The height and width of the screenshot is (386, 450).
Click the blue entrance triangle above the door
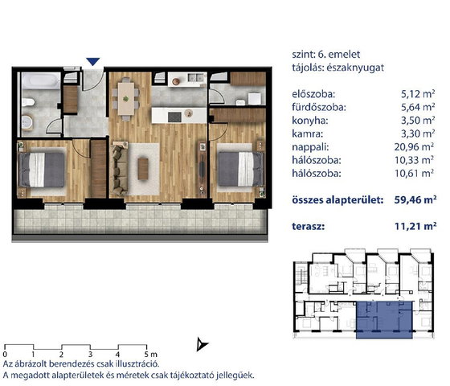coord(93,61)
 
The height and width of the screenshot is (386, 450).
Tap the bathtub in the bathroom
coord(41,80)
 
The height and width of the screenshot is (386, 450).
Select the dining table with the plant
coord(126,99)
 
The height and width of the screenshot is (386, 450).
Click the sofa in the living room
coord(119,169)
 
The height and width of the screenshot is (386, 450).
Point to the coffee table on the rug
coord(143,169)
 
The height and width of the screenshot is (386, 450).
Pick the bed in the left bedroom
coord(42,170)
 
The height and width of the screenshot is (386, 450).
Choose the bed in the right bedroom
coord(241,169)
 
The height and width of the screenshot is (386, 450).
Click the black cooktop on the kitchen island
coord(174,117)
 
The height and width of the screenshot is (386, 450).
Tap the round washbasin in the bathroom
coord(27,121)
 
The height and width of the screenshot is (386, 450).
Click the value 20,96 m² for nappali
coord(414,147)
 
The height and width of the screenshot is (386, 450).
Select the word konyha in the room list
coord(309,121)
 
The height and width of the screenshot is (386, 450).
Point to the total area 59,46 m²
coord(415,199)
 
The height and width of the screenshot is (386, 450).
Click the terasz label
coord(309,226)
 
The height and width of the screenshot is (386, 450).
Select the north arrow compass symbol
coord(202,344)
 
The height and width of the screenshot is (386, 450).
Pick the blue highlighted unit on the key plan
coord(384,320)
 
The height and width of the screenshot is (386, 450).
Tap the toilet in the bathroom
coord(28,102)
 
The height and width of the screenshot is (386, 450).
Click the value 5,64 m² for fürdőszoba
coord(418,108)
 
